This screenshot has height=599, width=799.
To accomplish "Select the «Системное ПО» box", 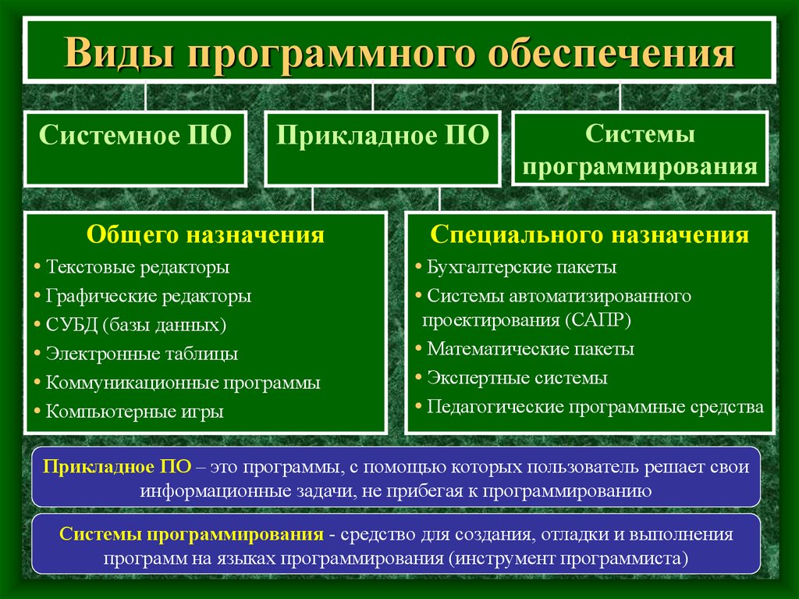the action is [136, 148].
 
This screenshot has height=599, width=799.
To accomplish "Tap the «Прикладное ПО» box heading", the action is [382, 136].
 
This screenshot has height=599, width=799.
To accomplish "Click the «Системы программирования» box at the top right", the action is [640, 148].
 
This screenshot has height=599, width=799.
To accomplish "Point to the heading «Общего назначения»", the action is [205, 235].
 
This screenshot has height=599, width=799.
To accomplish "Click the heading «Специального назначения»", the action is [590, 235].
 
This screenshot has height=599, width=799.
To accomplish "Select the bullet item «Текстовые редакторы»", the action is [137, 267].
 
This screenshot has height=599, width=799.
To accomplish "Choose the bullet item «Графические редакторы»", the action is [148, 296].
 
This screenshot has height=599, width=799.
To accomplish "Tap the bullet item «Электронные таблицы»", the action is [142, 354].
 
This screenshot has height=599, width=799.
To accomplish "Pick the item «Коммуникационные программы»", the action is [183, 383].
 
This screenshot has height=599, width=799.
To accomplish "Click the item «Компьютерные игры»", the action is [134, 412].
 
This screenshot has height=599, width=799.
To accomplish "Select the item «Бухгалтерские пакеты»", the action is [522, 267].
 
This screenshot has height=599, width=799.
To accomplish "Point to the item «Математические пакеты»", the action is [531, 349].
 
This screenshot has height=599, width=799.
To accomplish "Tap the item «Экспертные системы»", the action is [517, 377].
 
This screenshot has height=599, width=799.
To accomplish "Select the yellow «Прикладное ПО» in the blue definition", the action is [117, 466].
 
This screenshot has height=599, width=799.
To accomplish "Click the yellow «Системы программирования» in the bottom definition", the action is [191, 534].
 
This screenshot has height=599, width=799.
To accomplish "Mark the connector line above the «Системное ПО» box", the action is [146, 97].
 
